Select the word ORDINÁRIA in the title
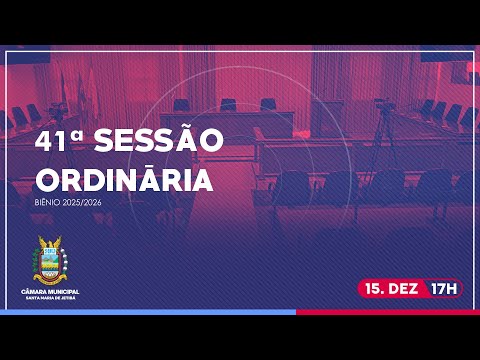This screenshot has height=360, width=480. (123, 180)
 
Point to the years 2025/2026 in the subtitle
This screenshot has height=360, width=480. (83, 204)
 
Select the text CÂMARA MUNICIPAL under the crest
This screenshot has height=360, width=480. (50, 290)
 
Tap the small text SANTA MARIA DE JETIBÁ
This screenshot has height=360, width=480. (50, 297)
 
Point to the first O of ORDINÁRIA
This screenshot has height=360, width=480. (48, 180)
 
